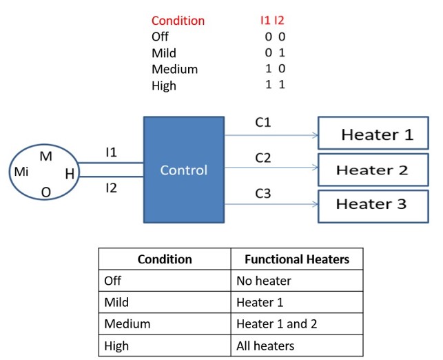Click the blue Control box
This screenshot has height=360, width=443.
pos(183,170)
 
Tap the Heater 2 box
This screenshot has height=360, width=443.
pos(372,170)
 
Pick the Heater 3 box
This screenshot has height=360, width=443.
pos(371,204)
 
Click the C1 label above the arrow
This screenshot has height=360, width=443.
pos(262,122)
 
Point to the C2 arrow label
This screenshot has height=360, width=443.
pos(262,158)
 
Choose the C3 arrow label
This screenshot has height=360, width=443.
pos(262,194)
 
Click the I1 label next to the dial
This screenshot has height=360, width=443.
pos(111,152)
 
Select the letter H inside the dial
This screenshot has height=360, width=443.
pos(70,174)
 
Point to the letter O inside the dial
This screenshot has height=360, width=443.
pos(45,192)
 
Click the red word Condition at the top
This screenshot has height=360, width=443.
pos(178,21)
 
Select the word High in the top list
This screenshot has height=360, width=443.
pos(163,86)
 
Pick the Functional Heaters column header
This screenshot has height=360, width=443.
pos(297,259)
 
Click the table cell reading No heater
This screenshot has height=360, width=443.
pos(264,281)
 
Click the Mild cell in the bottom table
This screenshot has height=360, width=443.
pos(116,302)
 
